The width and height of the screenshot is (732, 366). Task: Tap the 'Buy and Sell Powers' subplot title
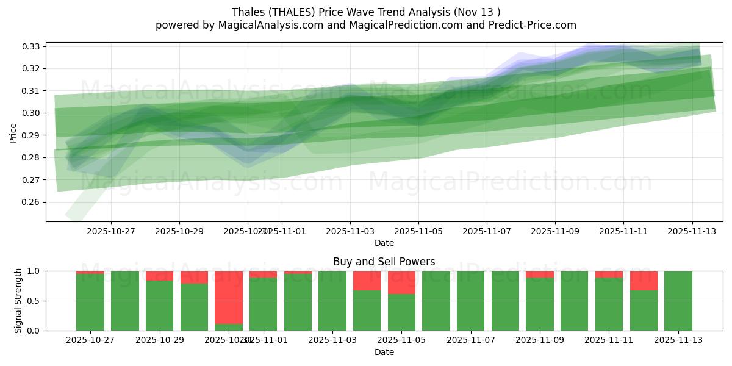coord(384,262)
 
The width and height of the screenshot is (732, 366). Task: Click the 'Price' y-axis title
coord(13,132)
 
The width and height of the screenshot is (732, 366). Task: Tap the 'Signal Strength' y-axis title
coord(18,301)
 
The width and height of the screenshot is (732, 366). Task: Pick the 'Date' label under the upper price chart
coord(384,243)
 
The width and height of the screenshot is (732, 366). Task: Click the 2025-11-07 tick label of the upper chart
coord(486,232)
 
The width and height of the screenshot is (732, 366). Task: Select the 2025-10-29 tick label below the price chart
coord(179,232)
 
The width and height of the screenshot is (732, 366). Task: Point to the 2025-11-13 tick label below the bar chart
coord(678,340)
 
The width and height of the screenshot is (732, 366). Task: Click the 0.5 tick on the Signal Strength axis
coord(34,301)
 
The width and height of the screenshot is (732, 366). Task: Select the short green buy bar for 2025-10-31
coord(229,327)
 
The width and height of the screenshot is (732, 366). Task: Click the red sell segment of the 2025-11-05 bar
coord(401,282)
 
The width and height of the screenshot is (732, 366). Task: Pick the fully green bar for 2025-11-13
coord(678,301)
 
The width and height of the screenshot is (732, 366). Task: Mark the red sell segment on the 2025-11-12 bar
coord(644,281)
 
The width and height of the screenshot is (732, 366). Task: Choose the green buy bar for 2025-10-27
coord(90,303)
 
